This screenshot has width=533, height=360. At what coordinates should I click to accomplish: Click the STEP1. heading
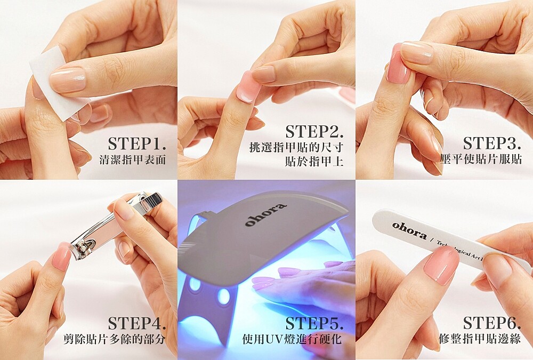[137, 145]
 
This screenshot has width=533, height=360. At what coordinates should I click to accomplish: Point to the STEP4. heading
[137, 324]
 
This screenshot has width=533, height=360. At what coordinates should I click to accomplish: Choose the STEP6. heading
[492, 324]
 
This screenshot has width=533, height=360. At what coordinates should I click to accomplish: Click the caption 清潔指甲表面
[133, 160]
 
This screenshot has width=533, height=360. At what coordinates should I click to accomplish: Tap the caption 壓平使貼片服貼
[481, 159]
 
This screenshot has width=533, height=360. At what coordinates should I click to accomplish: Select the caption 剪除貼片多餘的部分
[115, 339]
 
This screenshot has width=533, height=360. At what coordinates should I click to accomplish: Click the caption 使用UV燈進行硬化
[292, 339]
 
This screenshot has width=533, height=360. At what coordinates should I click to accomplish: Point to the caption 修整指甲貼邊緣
[480, 339]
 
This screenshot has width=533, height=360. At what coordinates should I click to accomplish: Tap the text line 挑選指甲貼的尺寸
[296, 147]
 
